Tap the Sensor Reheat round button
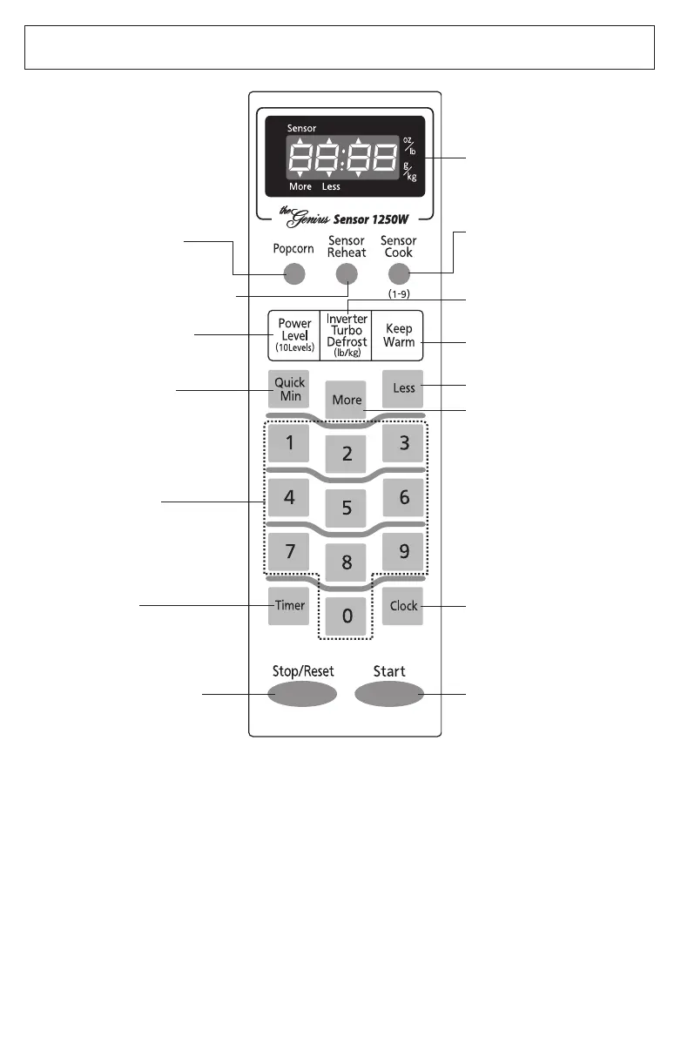coord(347,274)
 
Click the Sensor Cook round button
coord(399,274)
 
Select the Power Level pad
coord(294,335)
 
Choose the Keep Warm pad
coord(399,335)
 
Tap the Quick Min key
coord(289,389)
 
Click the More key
coord(347,401)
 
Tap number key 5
coord(347,507)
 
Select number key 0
coord(347,616)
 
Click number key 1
coord(289,443)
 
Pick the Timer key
coord(289,605)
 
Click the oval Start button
coord(389,693)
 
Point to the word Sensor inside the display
coord(301,128)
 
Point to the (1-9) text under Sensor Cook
coord(399,293)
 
